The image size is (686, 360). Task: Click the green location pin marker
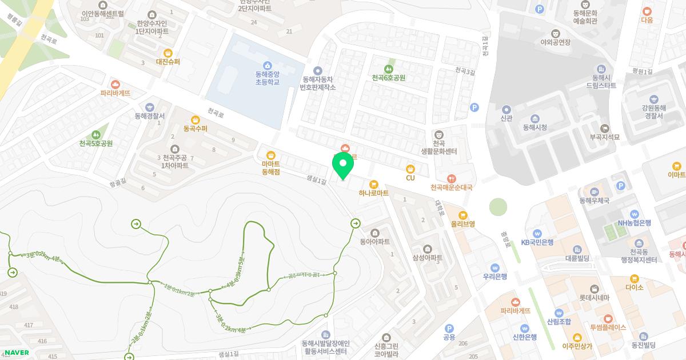click(343, 165)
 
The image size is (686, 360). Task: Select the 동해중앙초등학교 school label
click(267, 78)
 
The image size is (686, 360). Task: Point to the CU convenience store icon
click(410, 169)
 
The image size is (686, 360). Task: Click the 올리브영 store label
click(462, 223)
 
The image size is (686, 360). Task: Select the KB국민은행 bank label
click(537, 242)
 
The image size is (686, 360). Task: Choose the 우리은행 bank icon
click(495, 267)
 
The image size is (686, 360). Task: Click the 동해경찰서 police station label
click(149, 115)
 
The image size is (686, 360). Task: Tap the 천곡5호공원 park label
click(95, 143)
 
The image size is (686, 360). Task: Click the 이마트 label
click(676, 174)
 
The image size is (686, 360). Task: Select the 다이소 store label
click(634, 287)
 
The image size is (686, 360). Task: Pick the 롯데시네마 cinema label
click(595, 297)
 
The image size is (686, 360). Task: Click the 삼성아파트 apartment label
click(428, 258)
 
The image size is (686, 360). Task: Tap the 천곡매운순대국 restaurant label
click(452, 187)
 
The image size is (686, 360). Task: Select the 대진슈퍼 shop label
click(167, 61)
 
